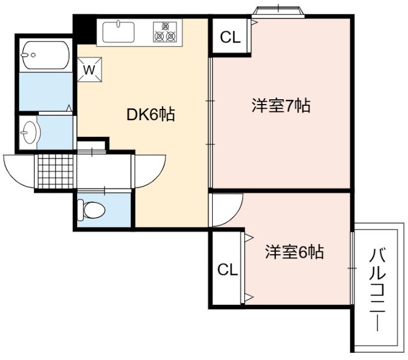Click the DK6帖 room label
coord(151,114)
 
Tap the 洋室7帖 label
coord(281,105)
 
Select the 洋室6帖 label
coord(295,252)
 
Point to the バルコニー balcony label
coord(378,289)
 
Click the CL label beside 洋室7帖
coord(230,37)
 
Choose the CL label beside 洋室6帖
coord(228,270)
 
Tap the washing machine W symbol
coord(89,69)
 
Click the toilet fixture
coord(91,209)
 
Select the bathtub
coord(45,55)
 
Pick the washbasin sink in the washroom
coord(30,132)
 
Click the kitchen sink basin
coord(119,32)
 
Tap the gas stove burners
coord(165,32)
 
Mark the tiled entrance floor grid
coord(56,171)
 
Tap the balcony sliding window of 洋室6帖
coord(352,268)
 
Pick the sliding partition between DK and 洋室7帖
coord(210,123)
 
